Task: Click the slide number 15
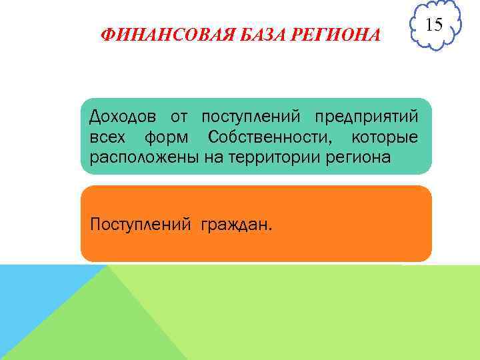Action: pyautogui.click(x=434, y=26)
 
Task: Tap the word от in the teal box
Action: pyautogui.click(x=179, y=117)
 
